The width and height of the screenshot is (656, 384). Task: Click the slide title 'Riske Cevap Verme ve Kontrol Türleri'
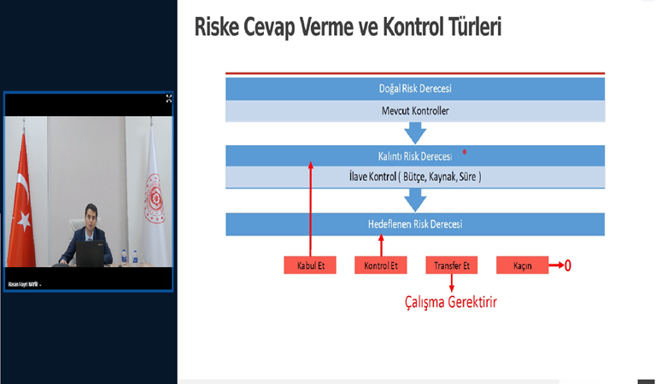(348, 26)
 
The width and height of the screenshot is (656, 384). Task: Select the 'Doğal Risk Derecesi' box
(414, 89)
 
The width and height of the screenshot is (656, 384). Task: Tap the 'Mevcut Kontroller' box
(414, 111)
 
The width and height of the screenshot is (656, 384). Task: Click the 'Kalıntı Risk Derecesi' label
(414, 155)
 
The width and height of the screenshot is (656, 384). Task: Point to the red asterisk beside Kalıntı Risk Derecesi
(464, 153)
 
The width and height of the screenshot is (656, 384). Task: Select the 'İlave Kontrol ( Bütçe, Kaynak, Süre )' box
(414, 177)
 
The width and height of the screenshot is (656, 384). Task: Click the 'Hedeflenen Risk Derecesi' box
(414, 224)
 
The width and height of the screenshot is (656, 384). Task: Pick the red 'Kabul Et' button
(309, 266)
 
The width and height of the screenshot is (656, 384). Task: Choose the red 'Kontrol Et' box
(381, 266)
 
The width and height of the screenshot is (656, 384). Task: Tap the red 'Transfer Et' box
(452, 266)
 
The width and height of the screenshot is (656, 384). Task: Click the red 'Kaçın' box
(522, 266)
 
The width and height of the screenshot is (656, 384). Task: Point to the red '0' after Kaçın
(568, 266)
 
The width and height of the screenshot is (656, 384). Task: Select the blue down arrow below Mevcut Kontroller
(415, 133)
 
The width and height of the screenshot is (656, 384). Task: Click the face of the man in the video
(88, 217)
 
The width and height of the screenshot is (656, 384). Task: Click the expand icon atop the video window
(168, 99)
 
